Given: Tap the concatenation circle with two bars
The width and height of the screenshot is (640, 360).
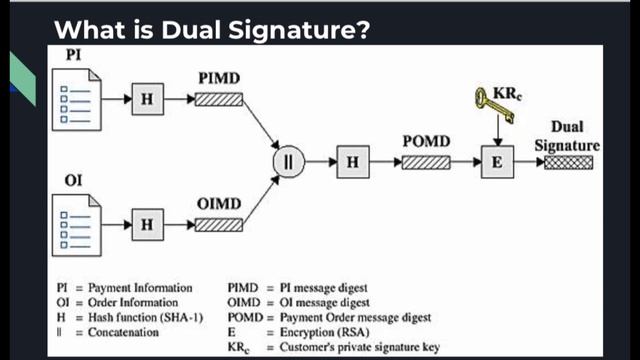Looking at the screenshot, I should coord(287,161).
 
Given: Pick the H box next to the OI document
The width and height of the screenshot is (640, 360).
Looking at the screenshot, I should coord(146,224).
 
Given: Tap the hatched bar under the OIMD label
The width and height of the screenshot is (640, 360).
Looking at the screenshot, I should coord(219,224).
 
